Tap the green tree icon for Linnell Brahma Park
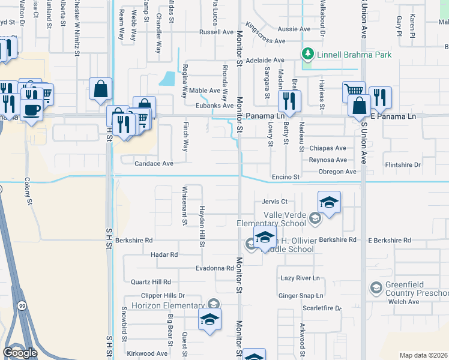(309, 55)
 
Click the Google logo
(20, 353)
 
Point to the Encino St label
(286, 177)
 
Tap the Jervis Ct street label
(275, 202)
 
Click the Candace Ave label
(154, 163)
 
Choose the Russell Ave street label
(217, 32)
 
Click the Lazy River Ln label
(300, 278)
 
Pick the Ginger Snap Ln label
(301, 296)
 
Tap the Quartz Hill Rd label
(151, 281)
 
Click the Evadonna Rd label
(213, 268)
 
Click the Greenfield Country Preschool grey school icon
(376, 287)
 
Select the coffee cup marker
(31, 110)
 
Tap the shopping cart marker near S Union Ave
(353, 92)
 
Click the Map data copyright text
(423, 355)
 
